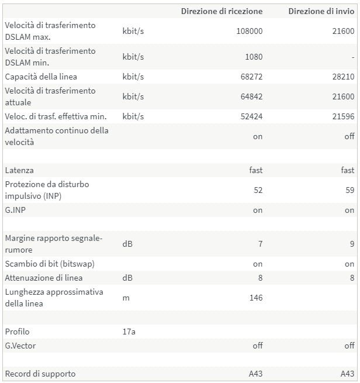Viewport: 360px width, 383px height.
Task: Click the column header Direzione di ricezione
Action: click(221, 11)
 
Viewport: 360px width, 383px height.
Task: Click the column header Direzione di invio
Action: click(321, 11)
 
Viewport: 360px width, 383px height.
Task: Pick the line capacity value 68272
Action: click(250, 77)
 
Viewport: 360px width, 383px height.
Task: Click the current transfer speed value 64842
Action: click(250, 96)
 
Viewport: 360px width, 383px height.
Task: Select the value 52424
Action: click(250, 116)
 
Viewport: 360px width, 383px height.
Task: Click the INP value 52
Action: click(258, 190)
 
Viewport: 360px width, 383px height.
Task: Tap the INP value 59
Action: click(349, 190)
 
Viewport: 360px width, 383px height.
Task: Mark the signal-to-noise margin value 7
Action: click(260, 244)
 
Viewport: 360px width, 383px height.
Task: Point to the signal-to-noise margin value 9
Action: click(352, 244)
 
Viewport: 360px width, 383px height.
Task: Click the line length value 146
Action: click(255, 298)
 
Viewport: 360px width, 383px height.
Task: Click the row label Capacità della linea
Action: click(41, 77)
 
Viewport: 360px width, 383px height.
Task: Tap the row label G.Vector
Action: click(20, 346)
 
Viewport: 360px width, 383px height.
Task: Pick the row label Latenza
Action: click(19, 170)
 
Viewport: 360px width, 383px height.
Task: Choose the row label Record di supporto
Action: click(40, 374)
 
